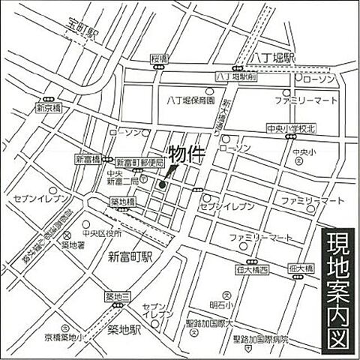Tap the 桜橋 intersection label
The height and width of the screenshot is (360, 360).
157,58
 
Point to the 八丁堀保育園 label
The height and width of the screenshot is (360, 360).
190,100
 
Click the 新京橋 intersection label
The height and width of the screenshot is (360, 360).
47,108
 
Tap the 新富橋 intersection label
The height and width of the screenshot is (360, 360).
86,160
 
